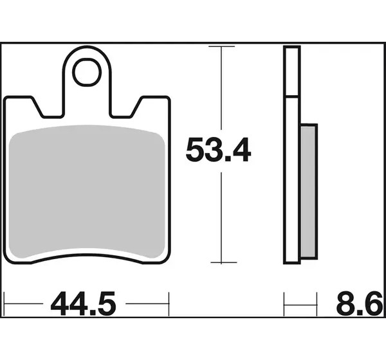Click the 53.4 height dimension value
coord(218,150)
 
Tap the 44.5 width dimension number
coord(83,303)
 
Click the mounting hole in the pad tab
coord(87,73)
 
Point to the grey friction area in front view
coord(87,192)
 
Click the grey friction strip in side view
coord(309,192)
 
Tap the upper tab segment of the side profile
coord(292,71)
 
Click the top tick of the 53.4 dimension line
coord(221,46)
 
